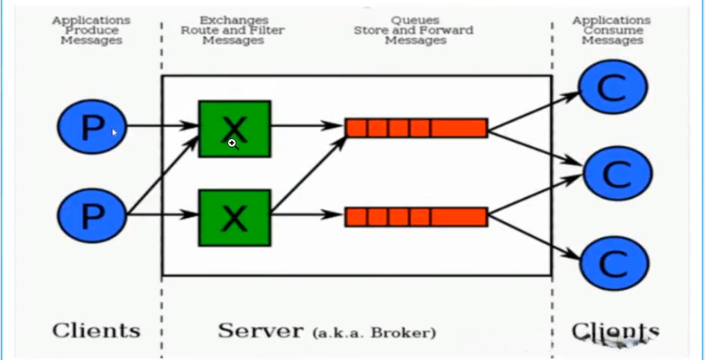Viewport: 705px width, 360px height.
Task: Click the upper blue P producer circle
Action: (x=93, y=127)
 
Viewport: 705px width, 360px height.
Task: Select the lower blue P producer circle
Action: (x=93, y=215)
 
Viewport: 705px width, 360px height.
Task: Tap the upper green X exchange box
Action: (x=235, y=129)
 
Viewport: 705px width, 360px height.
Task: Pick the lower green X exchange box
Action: (x=235, y=218)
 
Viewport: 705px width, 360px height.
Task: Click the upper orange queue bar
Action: (x=416, y=128)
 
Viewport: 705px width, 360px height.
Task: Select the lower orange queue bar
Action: (x=416, y=217)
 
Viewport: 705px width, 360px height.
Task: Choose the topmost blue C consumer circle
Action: (x=612, y=87)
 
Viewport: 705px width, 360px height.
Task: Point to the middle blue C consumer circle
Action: (x=618, y=173)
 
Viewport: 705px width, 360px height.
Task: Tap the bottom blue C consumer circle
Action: (x=614, y=264)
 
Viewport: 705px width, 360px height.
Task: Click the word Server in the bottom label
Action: (x=260, y=331)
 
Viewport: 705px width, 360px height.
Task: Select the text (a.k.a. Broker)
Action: (x=374, y=333)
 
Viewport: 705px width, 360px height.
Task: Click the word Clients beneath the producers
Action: (x=96, y=331)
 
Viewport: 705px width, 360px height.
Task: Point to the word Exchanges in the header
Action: (x=234, y=21)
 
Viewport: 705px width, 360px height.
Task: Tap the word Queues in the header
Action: (x=415, y=21)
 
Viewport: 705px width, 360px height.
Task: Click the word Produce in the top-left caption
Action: (x=92, y=30)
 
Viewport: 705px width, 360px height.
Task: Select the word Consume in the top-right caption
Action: (x=612, y=30)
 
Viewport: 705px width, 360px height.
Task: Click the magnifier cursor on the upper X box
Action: (x=232, y=144)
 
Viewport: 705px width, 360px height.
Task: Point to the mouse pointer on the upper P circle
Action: (x=115, y=133)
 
